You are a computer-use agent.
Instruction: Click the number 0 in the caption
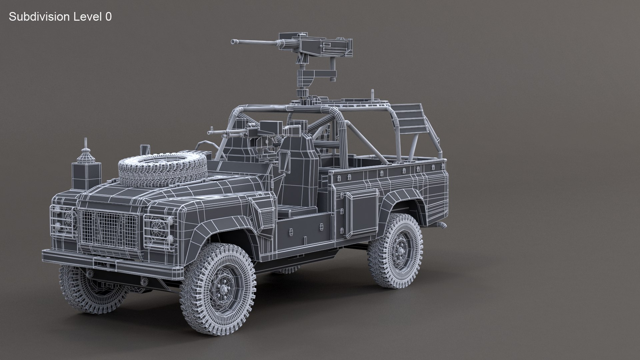[x=108, y=17]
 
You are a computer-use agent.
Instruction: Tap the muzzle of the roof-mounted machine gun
[x=233, y=42]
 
